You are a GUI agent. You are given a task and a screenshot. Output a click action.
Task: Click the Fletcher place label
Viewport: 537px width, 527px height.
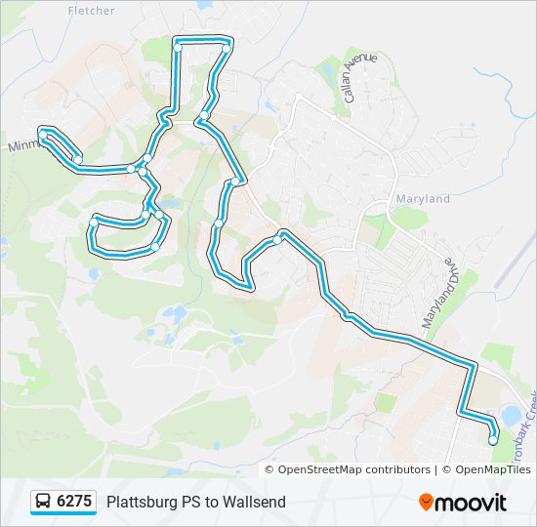pos(92,11)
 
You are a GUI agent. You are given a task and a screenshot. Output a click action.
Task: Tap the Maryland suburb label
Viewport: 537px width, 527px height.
pos(422,199)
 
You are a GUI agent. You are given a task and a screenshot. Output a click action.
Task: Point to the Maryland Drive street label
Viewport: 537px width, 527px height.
pos(439,294)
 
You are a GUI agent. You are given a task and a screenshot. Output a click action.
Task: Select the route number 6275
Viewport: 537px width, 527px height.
pos(74,502)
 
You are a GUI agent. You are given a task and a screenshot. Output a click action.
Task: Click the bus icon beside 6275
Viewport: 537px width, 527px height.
pos(44,502)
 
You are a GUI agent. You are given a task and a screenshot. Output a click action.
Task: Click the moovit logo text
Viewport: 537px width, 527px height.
pos(472,503)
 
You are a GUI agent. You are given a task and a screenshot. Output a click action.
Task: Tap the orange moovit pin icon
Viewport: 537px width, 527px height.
pos(427,503)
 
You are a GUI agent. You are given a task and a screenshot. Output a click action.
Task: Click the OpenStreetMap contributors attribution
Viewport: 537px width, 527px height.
pos(353,469)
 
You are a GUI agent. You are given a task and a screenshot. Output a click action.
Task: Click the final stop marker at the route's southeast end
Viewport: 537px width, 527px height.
pos(493,440)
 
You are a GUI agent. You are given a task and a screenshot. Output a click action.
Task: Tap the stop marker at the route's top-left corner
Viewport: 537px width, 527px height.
pos(178,46)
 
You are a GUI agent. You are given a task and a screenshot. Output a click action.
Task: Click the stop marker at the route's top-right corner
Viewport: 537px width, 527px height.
pos(227,47)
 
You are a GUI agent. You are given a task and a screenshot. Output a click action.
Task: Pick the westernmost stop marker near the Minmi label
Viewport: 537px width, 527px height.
pos(42,130)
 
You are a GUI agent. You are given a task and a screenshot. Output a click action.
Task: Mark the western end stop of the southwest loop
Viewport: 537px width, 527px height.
pos(93,223)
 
